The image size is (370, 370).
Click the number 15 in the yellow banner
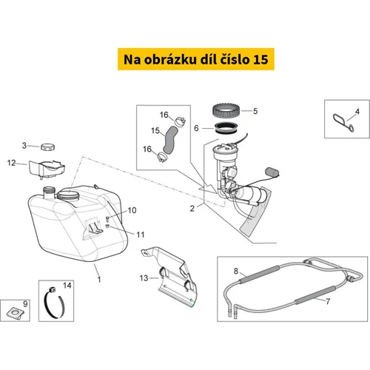click(x=260, y=59)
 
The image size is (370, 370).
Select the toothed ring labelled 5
click(x=226, y=111)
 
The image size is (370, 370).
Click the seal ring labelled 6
click(x=226, y=128)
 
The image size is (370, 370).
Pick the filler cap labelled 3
click(x=48, y=147)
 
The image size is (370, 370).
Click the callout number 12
click(x=11, y=163)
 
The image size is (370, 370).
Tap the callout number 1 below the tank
click(x=99, y=280)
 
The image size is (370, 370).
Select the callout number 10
click(x=132, y=210)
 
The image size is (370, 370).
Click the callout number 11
click(x=141, y=235)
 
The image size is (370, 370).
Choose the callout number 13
click(x=144, y=278)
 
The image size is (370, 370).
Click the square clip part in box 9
click(x=16, y=313)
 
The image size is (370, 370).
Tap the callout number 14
click(x=67, y=286)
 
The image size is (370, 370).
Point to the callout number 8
click(x=236, y=271)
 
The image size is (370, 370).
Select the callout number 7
click(x=328, y=301)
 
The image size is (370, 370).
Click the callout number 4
click(x=357, y=112)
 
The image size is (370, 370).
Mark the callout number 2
click(x=192, y=209)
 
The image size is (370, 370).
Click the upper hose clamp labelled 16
click(x=180, y=122)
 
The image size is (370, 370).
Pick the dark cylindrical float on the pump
click(x=272, y=172)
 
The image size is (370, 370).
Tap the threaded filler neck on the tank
click(x=49, y=192)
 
